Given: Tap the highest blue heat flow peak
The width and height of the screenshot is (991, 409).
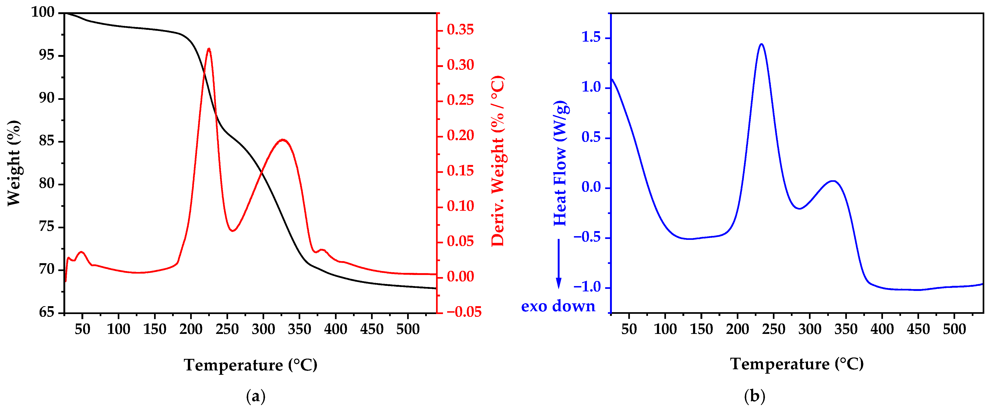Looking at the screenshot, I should point(761,44).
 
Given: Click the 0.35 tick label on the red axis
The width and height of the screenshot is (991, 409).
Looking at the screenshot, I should point(460,30).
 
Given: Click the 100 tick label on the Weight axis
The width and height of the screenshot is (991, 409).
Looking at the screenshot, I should point(43,13).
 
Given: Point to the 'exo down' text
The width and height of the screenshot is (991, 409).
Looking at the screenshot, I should point(558,306).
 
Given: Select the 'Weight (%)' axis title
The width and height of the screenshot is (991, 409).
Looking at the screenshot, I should point(14,163).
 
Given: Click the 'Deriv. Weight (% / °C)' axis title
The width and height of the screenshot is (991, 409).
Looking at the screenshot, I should point(497,162).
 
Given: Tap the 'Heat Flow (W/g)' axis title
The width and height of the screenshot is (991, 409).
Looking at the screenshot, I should point(561,163).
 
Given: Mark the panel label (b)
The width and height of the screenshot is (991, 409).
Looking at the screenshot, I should point(755,396).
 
